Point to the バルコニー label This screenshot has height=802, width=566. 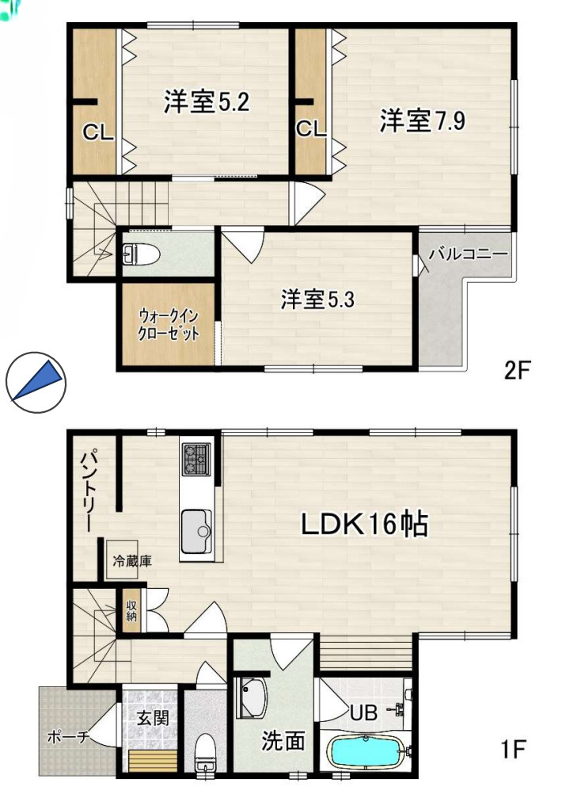(x=467, y=255)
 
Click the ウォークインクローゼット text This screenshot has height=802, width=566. (x=168, y=323)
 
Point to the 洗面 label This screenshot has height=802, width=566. (x=283, y=741)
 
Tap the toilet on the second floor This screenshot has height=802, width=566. (x=142, y=254)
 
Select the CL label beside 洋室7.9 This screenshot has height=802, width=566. (x=312, y=129)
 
